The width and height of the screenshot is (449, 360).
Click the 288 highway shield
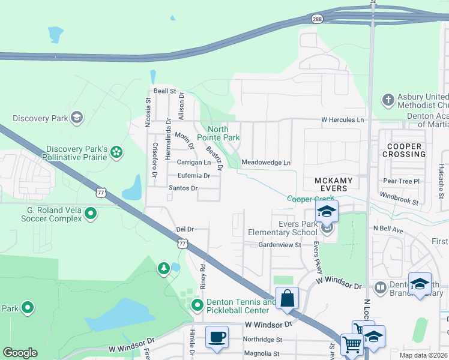(x=316, y=19)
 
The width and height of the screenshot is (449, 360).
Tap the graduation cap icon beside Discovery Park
(x=76, y=118)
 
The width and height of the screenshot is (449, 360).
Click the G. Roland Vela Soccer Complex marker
(x=91, y=213)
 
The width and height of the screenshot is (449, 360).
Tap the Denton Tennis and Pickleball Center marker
(x=197, y=306)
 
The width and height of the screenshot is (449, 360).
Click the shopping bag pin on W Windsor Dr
(x=288, y=298)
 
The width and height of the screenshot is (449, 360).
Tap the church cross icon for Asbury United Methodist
(x=388, y=98)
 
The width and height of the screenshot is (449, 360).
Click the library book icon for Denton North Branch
(x=379, y=288)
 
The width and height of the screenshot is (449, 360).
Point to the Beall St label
(x=164, y=91)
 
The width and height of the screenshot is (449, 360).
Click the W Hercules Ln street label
(x=343, y=120)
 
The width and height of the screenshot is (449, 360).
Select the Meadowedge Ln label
(x=265, y=163)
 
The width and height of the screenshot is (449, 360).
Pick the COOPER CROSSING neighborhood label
(x=406, y=150)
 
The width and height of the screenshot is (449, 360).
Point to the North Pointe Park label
(x=223, y=133)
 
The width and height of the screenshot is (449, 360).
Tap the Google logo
(x=20, y=353)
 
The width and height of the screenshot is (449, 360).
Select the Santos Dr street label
(x=183, y=188)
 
